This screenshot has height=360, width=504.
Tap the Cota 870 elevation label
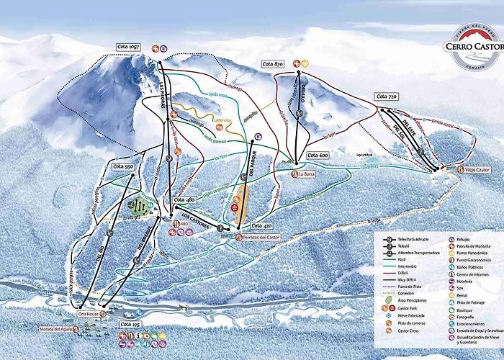274,64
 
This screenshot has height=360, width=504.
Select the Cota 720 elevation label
386,96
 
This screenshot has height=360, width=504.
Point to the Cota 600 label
318,155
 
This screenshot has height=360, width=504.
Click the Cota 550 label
124,167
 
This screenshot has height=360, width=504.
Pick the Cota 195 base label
130,325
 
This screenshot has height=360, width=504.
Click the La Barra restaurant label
311,174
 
